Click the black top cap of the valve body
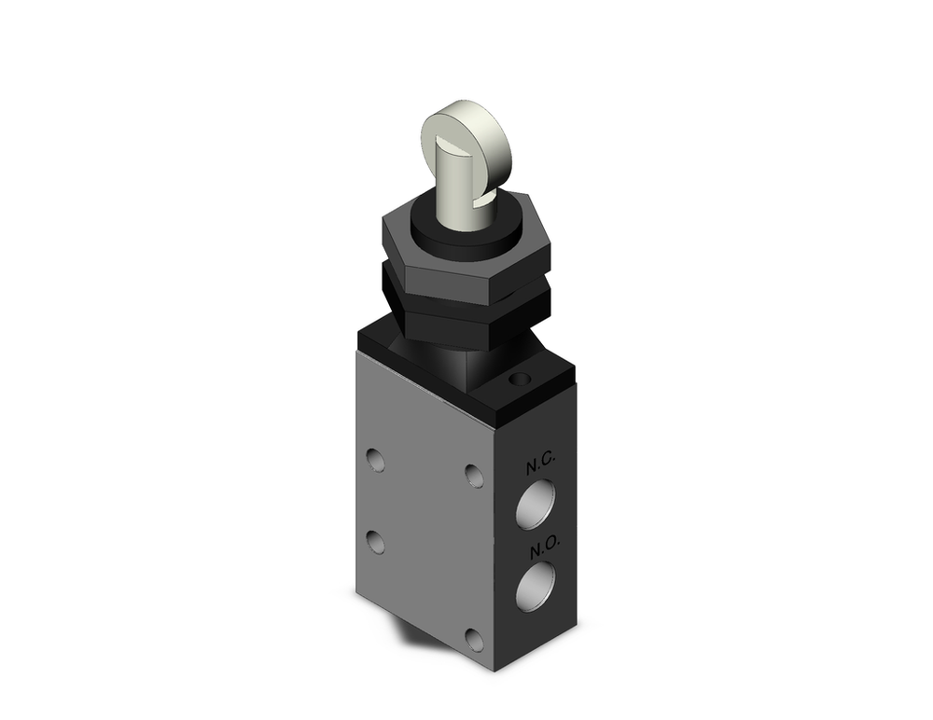522,392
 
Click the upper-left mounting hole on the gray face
375,460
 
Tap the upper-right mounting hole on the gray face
475,477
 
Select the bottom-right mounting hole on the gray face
474,640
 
